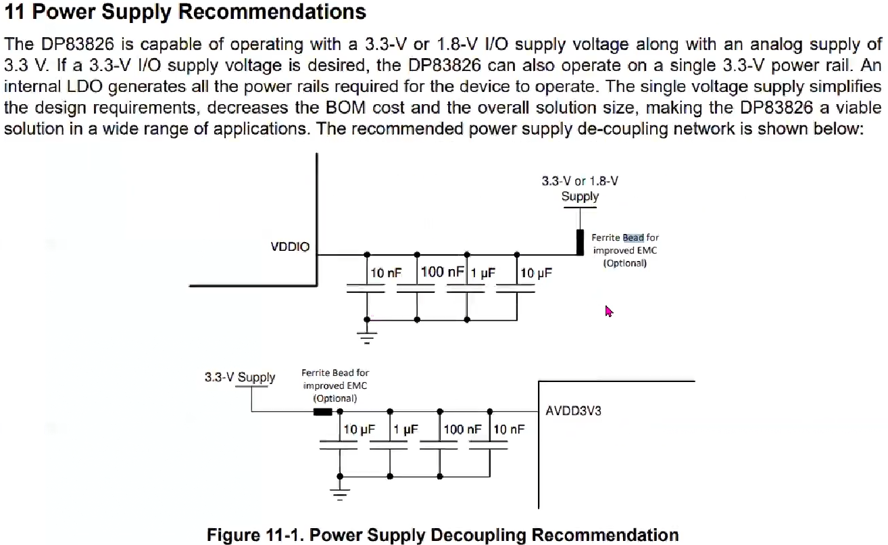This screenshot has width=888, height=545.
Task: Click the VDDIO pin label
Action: pos(290,247)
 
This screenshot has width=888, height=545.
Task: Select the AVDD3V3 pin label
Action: pos(574,410)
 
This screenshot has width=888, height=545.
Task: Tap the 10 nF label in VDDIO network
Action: pos(386,273)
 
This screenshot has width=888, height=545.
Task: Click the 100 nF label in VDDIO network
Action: pos(442,272)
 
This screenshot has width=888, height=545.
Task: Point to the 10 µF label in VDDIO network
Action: pos(536,273)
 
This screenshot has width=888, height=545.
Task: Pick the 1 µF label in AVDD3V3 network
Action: pos(406,429)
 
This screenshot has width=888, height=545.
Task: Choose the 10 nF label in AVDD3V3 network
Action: pos(509,429)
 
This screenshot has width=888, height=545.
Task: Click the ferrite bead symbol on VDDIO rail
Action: pos(580,242)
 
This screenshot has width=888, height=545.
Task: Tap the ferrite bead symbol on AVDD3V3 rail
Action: pos(322,410)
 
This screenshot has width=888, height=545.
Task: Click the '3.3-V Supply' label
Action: pos(240,377)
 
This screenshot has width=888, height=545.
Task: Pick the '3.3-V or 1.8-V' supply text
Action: pos(580,181)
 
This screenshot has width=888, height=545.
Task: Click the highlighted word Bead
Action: pos(633,237)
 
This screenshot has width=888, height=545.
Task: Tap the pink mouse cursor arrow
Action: pos(608,311)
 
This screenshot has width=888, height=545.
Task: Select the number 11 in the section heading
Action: pos(15,11)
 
